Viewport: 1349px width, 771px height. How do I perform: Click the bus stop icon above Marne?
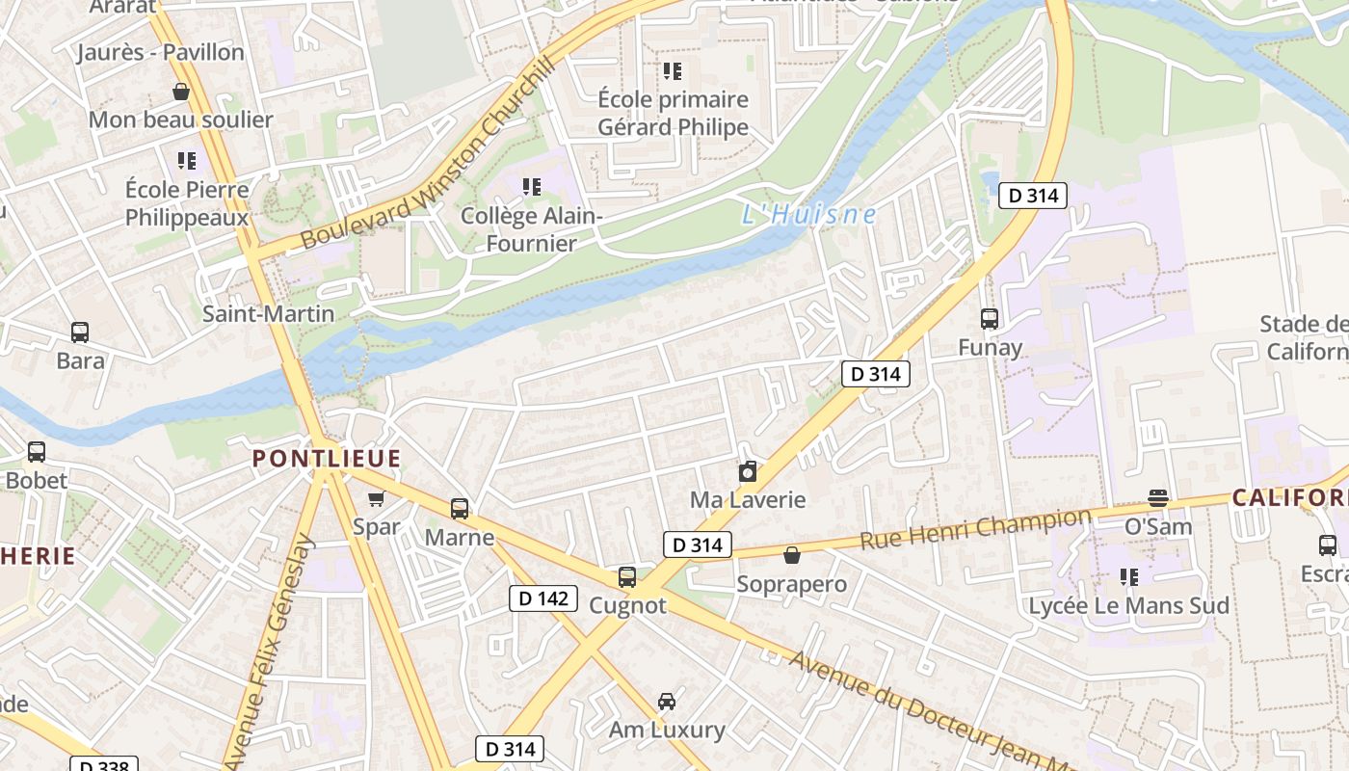pos(460,508)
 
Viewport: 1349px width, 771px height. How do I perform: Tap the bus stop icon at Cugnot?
pos(627,577)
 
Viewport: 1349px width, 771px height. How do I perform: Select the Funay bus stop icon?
pos(990,319)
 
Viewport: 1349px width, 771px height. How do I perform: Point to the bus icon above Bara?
pos(80,332)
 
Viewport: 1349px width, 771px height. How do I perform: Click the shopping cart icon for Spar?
pos(376,498)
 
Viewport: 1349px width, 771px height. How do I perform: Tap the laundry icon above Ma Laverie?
pos(747,471)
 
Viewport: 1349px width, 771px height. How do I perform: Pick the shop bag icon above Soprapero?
pos(791,555)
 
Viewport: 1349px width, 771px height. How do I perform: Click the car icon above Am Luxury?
pos(666,701)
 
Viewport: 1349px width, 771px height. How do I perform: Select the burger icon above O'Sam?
pos(1158,497)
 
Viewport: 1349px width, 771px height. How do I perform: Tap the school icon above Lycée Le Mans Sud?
pos(1128,577)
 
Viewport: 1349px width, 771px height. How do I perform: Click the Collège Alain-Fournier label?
pos(531,229)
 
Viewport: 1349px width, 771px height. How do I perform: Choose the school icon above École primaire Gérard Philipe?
pos(673,70)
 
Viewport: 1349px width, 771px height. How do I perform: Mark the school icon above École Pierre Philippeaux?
pos(187,160)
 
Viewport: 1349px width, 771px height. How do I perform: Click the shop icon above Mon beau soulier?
pos(180,92)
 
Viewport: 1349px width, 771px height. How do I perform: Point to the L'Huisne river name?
pos(808,214)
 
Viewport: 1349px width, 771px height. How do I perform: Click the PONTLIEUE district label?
pos(327,459)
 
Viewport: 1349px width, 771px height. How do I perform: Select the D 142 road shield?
pos(543,598)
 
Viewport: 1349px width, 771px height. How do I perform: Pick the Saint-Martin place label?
pos(268,313)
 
